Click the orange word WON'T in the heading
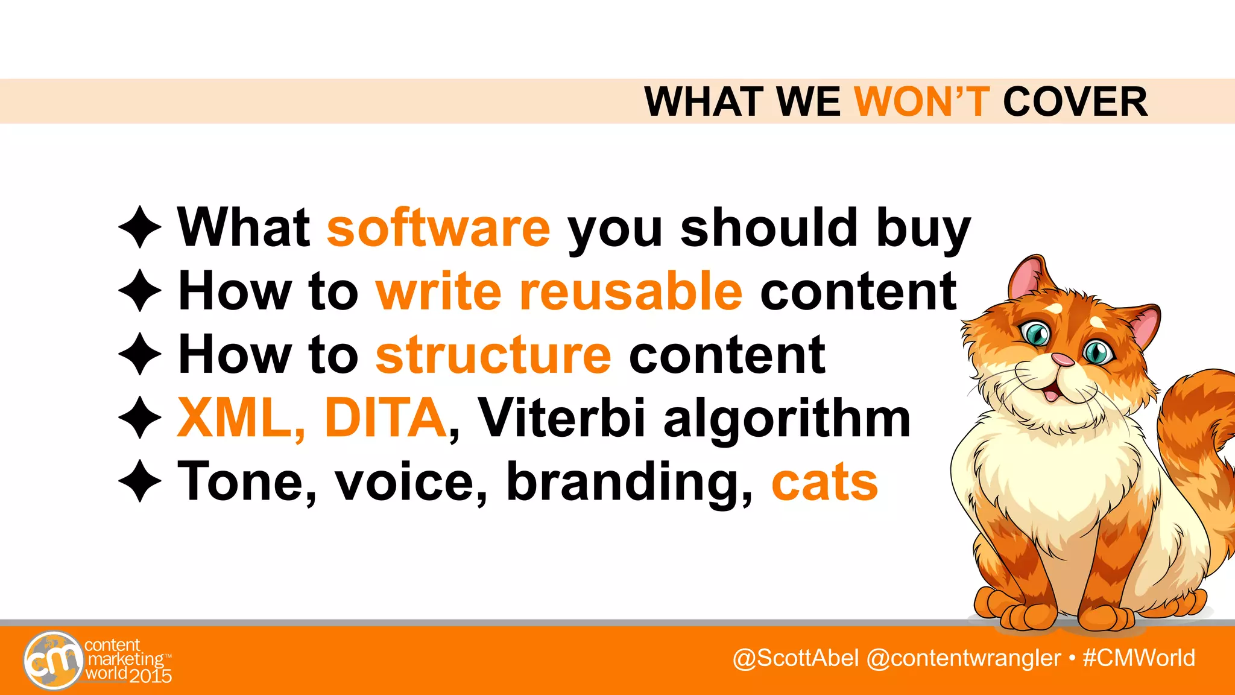point(922,101)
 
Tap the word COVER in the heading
point(1075,101)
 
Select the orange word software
point(438,227)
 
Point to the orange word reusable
point(631,291)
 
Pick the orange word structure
point(493,355)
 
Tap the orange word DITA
point(385,418)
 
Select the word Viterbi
point(561,418)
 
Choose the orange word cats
point(824,483)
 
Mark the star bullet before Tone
point(140,481)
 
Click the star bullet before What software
point(140,227)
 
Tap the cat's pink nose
point(1063,360)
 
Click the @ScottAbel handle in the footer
point(795,658)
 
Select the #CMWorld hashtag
point(1139,658)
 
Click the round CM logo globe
point(53,660)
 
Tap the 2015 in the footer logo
point(150,676)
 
